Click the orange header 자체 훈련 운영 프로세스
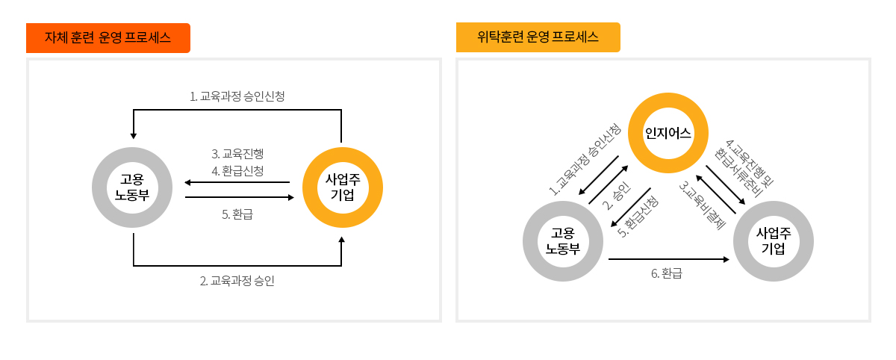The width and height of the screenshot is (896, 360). click(x=108, y=38)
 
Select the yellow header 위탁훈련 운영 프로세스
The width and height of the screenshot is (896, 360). click(x=538, y=37)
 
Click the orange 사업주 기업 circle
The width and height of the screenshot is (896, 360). click(x=342, y=187)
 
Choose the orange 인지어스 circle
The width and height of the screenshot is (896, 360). click(x=668, y=134)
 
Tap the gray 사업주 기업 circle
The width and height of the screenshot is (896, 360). click(x=774, y=240)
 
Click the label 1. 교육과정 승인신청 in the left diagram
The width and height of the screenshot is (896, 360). click(x=237, y=96)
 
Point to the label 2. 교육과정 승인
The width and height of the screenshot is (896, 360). click(x=237, y=281)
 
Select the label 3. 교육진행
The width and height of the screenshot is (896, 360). click(x=237, y=154)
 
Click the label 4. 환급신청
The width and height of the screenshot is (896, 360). click(x=237, y=170)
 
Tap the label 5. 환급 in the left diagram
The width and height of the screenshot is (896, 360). click(x=237, y=214)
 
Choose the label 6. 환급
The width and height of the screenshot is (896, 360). click(x=667, y=273)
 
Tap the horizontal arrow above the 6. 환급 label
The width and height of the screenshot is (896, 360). click(x=668, y=260)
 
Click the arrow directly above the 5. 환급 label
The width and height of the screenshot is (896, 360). click(x=239, y=197)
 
